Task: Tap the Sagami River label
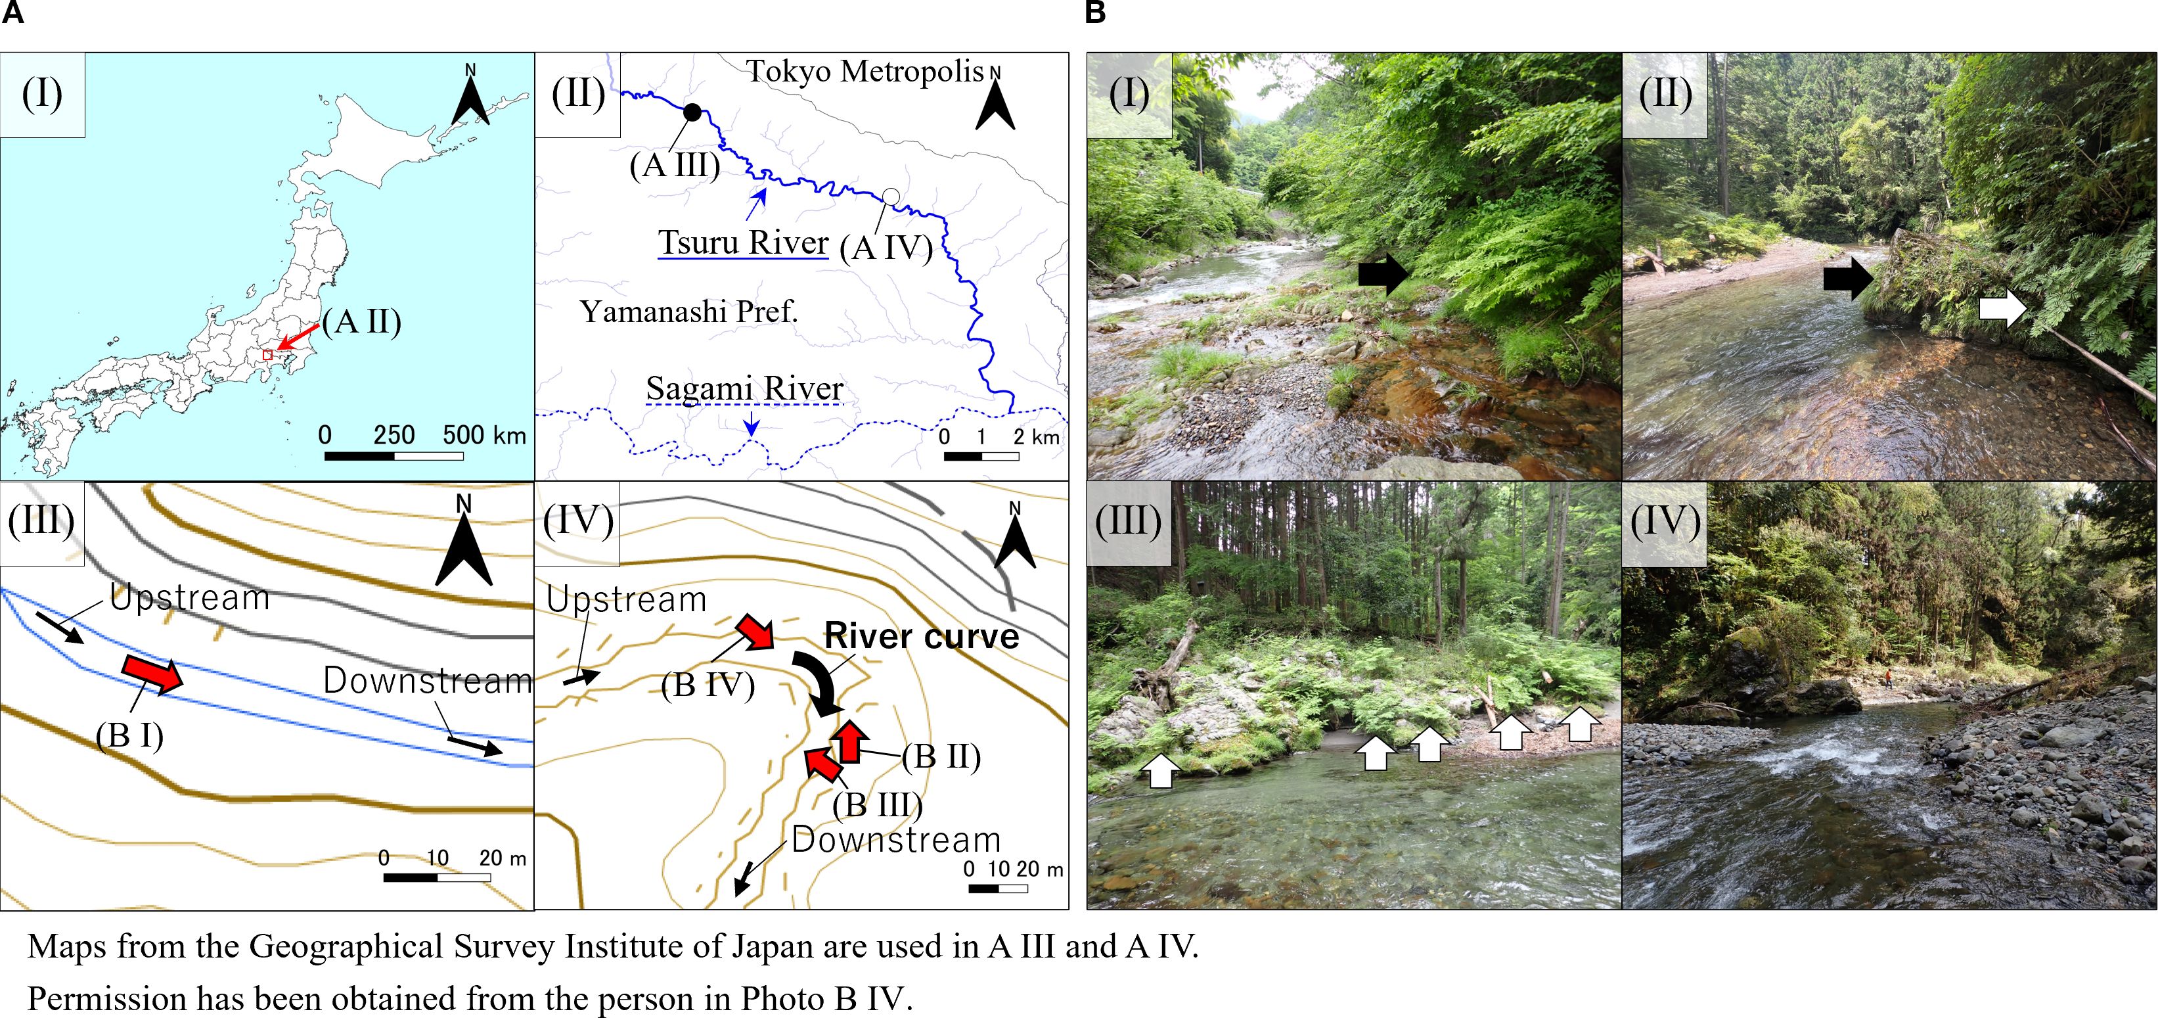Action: pos(744,389)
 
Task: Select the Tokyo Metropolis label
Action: pos(865,72)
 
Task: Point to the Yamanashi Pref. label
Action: pos(688,312)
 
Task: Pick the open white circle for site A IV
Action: pos(891,196)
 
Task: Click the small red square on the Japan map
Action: pos(267,356)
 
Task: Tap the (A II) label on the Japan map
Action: pos(362,321)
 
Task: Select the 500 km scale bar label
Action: pos(483,435)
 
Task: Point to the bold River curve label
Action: pos(922,636)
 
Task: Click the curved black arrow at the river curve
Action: pos(819,682)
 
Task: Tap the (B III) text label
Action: pos(877,804)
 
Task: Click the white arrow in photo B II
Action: pos(2002,308)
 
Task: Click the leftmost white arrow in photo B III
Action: pos(1160,769)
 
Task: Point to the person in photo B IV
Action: pos(1889,678)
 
